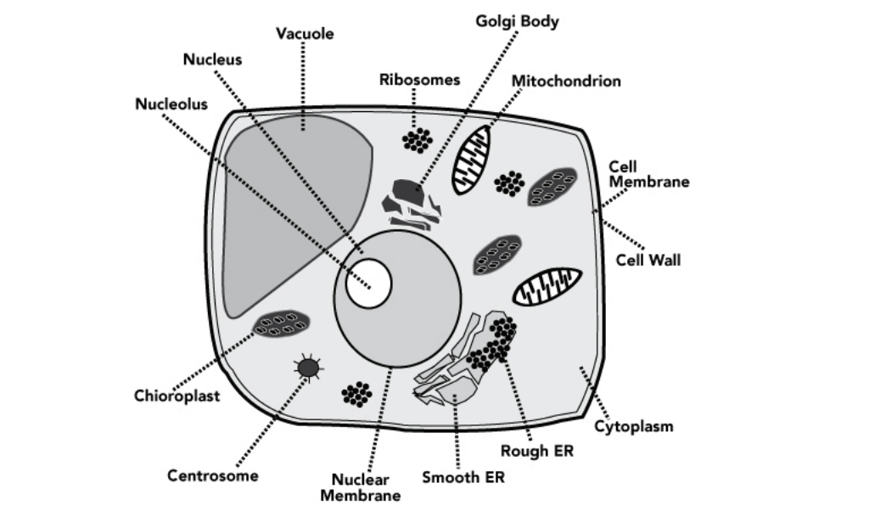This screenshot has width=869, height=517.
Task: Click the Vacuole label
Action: [305, 34]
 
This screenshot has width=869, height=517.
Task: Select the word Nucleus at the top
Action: [212, 59]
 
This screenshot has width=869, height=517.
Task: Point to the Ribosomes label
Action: [419, 80]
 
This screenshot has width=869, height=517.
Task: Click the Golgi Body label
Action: [517, 22]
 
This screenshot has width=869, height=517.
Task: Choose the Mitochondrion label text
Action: [566, 81]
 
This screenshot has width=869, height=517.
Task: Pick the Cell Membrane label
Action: [649, 174]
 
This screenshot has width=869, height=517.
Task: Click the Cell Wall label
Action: [648, 260]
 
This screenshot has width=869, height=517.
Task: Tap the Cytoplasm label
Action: [633, 425]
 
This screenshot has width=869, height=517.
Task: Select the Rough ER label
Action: [536, 451]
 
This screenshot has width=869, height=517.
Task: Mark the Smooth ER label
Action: [463, 477]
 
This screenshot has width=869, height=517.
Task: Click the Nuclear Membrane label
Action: [360, 487]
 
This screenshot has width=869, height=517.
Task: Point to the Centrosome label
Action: [212, 475]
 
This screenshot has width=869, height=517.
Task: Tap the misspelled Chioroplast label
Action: [177, 396]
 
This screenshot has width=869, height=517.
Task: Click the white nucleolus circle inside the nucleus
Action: [369, 283]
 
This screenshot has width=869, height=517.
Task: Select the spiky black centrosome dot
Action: [307, 368]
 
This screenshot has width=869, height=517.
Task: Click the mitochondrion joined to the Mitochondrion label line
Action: [470, 159]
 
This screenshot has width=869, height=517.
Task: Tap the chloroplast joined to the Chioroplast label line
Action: [280, 323]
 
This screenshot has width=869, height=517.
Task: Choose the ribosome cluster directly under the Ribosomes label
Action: [418, 140]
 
